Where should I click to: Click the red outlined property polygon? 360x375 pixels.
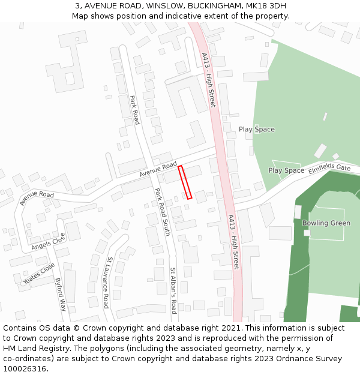click(185, 182)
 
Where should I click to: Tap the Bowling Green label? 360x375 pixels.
click(326, 223)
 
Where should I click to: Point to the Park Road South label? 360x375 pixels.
click(163, 211)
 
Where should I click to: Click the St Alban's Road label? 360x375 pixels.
click(173, 290)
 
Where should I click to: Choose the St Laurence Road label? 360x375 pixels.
click(107, 282)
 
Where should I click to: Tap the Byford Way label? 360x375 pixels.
click(60, 294)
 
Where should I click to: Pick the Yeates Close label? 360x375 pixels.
click(39, 274)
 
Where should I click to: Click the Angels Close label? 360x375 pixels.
click(47, 242)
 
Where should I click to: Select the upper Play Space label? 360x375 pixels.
click(256, 130)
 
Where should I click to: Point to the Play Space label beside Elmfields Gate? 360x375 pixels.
click(286, 170)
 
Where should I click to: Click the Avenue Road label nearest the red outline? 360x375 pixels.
click(158, 169)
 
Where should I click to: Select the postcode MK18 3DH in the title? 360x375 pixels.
click(266, 6)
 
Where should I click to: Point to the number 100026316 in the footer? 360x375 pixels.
click(24, 369)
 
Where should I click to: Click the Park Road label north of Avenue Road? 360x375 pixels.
click(134, 110)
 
